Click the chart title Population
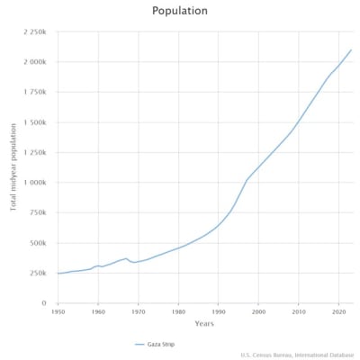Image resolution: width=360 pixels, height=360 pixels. click(x=180, y=11)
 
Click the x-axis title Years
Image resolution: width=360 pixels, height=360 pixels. click(x=204, y=323)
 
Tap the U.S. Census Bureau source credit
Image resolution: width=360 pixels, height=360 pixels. click(x=297, y=354)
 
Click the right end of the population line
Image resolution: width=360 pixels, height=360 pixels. click(x=351, y=50)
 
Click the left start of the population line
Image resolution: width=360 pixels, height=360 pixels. click(x=58, y=274)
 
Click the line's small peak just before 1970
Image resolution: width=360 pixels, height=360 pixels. click(x=126, y=258)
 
